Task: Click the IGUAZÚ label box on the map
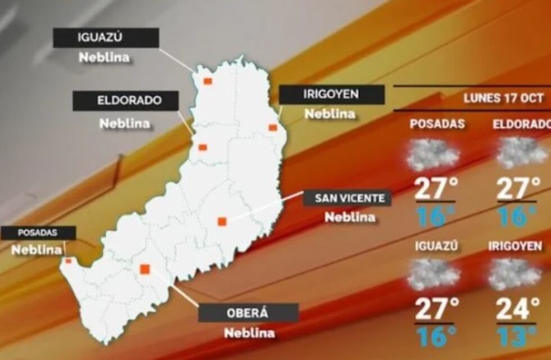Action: click(106, 38)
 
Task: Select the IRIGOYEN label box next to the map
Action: click(332, 94)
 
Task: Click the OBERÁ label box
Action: click(249, 313)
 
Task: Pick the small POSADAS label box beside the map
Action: click(38, 232)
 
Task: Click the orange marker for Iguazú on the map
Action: click(207, 82)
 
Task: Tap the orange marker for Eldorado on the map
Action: click(202, 147)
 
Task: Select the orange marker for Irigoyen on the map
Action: click(273, 128)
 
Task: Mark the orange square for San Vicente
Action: click(222, 222)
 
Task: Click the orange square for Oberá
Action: click(145, 269)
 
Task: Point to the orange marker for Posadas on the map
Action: click(69, 260)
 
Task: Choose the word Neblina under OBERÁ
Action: click(250, 332)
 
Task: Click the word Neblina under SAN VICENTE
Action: click(350, 217)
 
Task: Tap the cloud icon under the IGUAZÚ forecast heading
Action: click(433, 274)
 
